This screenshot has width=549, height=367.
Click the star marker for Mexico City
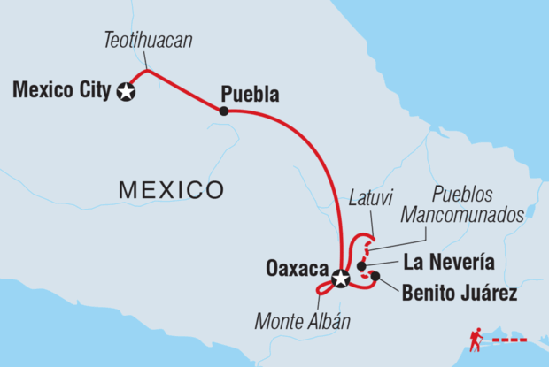pyautogui.click(x=127, y=90)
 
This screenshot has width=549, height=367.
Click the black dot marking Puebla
pyautogui.click(x=224, y=111)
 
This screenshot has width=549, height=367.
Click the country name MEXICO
pyautogui.click(x=171, y=188)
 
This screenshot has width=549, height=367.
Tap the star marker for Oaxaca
pyautogui.click(x=341, y=281)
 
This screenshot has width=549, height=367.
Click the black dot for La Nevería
pyautogui.click(x=362, y=265)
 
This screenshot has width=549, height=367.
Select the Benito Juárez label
pyautogui.click(x=460, y=288)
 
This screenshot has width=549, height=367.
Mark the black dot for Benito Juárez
pyautogui.click(x=375, y=277)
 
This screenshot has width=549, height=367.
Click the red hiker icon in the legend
pyautogui.click(x=477, y=338)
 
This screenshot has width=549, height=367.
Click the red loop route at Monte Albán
pyautogui.click(x=325, y=287)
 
